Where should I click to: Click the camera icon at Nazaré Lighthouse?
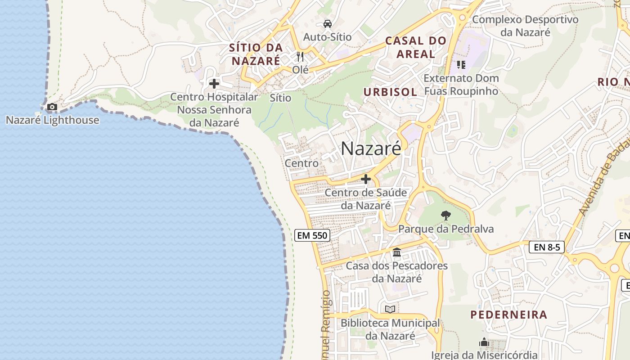[52, 107]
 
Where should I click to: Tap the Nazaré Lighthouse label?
[53, 120]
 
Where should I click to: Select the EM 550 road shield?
[312, 235]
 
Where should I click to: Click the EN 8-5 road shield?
[547, 247]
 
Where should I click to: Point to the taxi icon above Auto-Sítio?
[327, 23]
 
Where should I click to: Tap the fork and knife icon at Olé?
[301, 57]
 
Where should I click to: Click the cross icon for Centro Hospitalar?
[214, 84]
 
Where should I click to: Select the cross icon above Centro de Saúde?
[366, 179]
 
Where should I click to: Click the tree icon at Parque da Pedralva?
[445, 216]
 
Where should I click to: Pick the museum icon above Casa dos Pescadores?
[397, 252]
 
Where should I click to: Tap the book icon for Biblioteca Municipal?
[390, 310]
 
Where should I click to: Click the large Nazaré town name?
[371, 148]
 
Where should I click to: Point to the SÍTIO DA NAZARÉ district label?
[256, 54]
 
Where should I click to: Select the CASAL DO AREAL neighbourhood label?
[416, 47]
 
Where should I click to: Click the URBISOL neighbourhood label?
[390, 92]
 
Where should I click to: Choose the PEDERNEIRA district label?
[509, 315]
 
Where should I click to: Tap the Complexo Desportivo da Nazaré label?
[525, 26]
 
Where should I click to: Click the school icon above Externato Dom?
[461, 65]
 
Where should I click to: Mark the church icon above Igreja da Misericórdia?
[484, 342]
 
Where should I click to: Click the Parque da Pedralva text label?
[446, 229]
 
